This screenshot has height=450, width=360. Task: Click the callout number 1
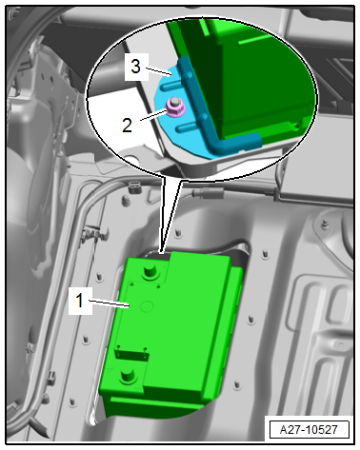(x=80, y=301)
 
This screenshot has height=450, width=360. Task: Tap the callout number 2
(x=127, y=126)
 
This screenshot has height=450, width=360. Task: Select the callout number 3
(x=135, y=67)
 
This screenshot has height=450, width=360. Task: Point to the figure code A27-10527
(x=309, y=429)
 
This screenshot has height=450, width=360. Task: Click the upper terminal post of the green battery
(x=150, y=272)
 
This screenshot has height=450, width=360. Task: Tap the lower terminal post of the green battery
(x=128, y=377)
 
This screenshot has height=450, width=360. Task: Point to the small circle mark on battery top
(x=147, y=306)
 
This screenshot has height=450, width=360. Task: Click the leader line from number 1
(x=109, y=303)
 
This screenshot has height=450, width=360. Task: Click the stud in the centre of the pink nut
(x=173, y=103)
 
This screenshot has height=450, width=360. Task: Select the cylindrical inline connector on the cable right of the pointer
(x=208, y=192)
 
